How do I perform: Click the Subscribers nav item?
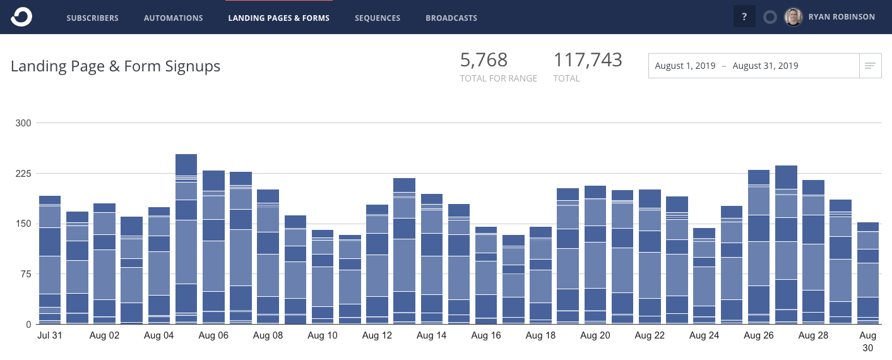[x=92, y=18]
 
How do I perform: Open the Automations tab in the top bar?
[x=173, y=18]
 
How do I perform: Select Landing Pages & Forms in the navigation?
[x=278, y=18]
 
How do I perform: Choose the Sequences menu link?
[x=378, y=18]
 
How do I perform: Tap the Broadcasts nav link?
[x=451, y=18]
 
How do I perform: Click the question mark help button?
[x=744, y=17]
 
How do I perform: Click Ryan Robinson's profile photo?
[x=794, y=17]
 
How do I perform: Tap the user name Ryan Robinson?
[x=841, y=17]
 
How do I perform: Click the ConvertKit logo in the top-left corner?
[x=21, y=17]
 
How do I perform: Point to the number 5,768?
[x=484, y=60]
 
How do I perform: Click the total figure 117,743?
[x=588, y=60]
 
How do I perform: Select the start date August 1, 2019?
[x=685, y=66]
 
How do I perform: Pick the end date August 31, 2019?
[x=765, y=66]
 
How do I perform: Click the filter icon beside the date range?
[x=870, y=66]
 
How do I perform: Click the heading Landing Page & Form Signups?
[x=116, y=66]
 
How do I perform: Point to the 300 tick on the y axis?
[x=23, y=123]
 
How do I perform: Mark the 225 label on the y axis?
[x=23, y=174]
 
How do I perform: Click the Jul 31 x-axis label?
[x=50, y=335]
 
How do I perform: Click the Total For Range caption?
[x=498, y=78]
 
